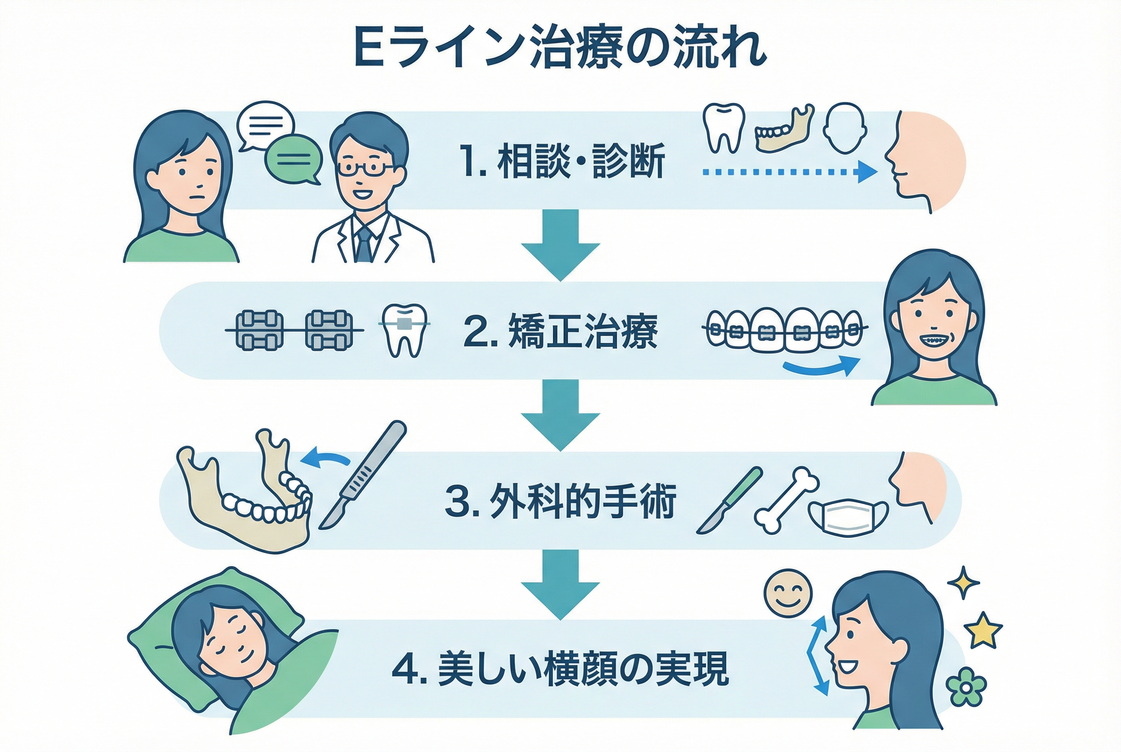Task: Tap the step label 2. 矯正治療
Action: coord(560,331)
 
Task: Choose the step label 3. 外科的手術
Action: coord(560,501)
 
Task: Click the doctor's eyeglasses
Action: coord(365,168)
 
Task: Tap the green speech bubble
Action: coord(293,160)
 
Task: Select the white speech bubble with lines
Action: coord(265,124)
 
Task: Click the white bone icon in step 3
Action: coord(787,501)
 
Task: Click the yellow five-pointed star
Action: coord(982,630)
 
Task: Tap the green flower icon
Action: coord(966,687)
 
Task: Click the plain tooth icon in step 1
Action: coord(724,127)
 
